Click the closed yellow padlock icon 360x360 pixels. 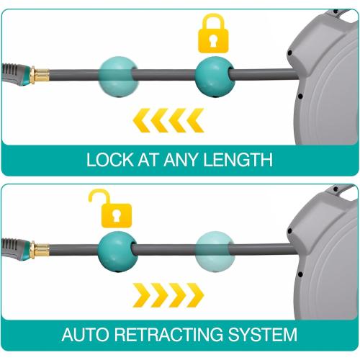[213, 34]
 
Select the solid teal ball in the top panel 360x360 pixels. [215, 77]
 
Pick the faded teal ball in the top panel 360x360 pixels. [118, 76]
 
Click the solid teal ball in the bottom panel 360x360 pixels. [118, 252]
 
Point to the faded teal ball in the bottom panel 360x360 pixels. [215, 251]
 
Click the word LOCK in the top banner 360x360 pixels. [110, 160]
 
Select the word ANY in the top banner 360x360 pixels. [181, 160]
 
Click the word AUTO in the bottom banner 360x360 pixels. [85, 334]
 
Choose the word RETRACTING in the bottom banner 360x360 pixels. [168, 334]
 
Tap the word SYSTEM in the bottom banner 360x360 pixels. [263, 334]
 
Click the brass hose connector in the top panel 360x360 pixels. [40, 74]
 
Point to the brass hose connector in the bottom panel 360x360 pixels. [40, 249]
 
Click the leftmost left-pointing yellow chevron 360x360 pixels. [142, 120]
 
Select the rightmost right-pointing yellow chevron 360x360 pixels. [195, 295]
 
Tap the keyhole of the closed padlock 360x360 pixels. [213, 41]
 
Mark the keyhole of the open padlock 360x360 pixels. [117, 215]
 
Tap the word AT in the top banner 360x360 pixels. [149, 160]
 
